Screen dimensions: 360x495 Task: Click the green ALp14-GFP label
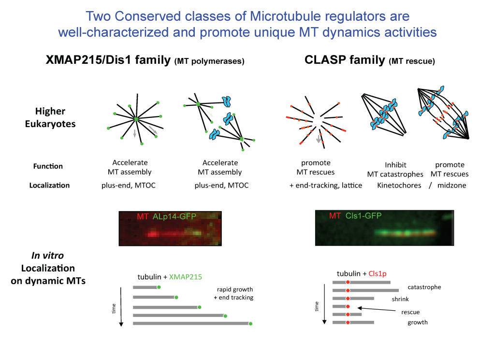point(175,217)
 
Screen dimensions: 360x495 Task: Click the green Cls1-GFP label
point(364,216)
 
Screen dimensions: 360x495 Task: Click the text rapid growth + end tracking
point(233,293)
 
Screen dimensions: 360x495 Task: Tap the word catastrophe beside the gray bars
point(424,287)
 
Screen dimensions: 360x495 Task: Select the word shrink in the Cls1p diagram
point(401,299)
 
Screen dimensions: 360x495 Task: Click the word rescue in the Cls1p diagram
point(410,312)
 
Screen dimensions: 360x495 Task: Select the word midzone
point(452,185)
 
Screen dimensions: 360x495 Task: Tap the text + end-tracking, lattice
point(321,185)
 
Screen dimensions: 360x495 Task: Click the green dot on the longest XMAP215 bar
point(250,323)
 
